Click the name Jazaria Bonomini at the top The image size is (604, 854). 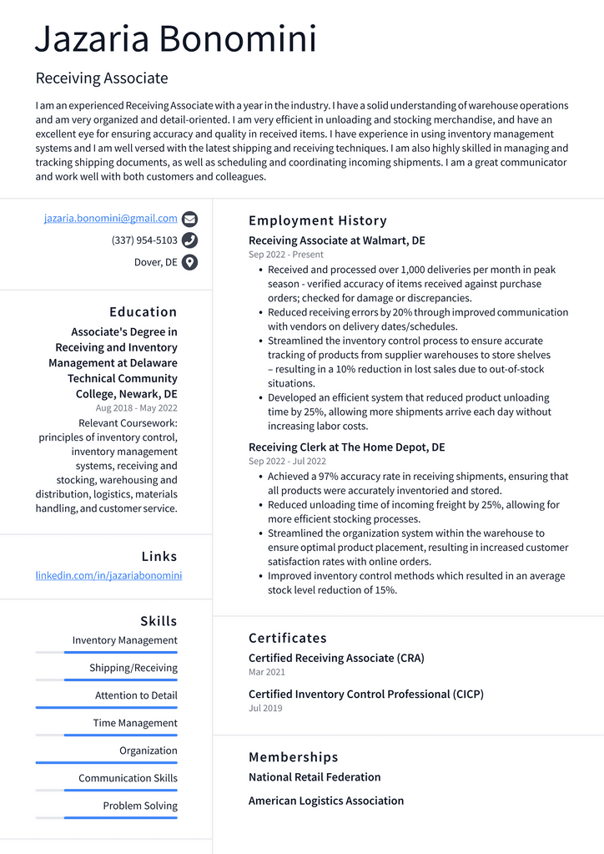(176, 39)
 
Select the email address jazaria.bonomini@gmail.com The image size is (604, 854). (111, 219)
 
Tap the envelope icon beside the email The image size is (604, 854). (190, 220)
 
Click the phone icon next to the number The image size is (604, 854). (190, 240)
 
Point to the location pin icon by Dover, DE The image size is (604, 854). (190, 262)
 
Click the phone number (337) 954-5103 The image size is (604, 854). (144, 240)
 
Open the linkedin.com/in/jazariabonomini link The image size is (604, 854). (108, 576)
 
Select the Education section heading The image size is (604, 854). (143, 312)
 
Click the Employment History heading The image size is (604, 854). (318, 221)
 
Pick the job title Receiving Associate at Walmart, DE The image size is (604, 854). (336, 240)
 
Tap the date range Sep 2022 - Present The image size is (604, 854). (286, 255)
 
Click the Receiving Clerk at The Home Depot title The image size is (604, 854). (346, 447)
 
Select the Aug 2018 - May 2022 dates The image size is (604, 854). (136, 408)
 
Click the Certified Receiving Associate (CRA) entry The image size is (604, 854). (336, 658)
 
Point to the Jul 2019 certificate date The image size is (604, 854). (265, 708)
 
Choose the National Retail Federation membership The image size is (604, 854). (315, 777)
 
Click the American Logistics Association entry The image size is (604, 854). (325, 801)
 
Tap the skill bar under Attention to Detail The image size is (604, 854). (107, 707)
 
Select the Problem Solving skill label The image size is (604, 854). (140, 806)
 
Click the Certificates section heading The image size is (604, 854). (287, 639)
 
